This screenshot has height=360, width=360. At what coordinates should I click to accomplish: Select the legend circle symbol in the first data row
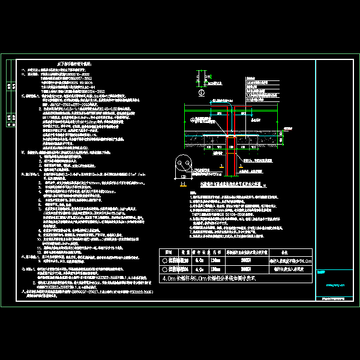click(x=166, y=244)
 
